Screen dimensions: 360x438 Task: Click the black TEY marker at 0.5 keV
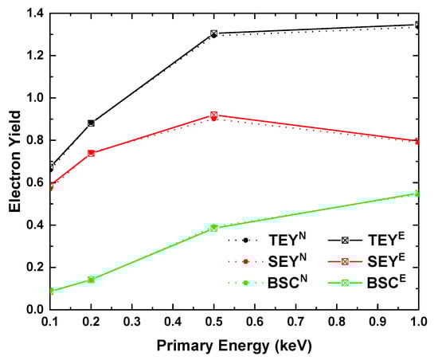click(213, 34)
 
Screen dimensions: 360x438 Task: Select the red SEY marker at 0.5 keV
click(213, 115)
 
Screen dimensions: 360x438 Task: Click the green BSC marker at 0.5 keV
click(213, 228)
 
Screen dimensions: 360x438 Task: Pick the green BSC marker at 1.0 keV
click(417, 194)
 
